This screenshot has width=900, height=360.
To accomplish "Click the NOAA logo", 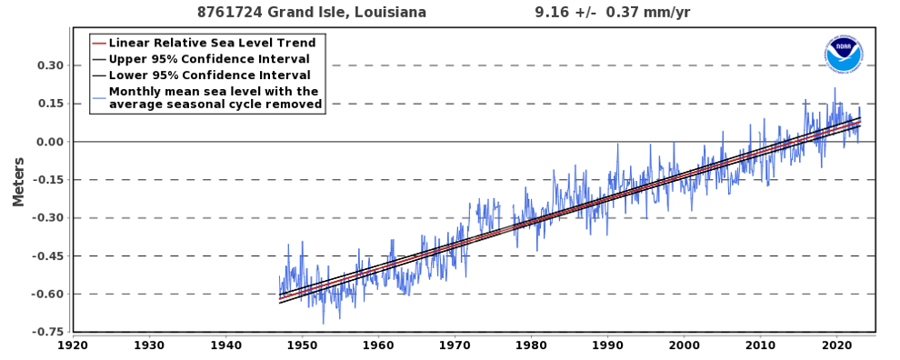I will point(843,55).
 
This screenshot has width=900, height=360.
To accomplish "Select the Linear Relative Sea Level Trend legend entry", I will point(212,43).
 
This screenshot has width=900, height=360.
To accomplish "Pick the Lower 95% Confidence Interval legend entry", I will point(209,75).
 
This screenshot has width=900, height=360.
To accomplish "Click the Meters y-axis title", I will point(18,181).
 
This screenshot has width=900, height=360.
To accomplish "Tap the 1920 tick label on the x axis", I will point(73,345).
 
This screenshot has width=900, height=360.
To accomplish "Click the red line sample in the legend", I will point(99,43).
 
